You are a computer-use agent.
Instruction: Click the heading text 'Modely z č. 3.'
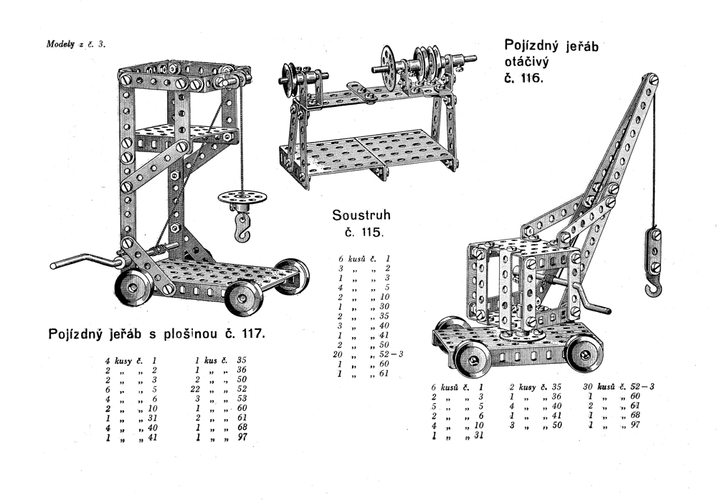point(76,44)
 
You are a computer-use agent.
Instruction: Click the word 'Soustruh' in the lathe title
point(361,214)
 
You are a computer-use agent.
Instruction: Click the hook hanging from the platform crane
point(243,227)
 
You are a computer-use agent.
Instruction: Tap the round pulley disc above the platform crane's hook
point(239,197)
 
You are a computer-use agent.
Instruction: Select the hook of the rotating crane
point(654,287)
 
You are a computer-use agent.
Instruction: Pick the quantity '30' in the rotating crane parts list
point(587,387)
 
